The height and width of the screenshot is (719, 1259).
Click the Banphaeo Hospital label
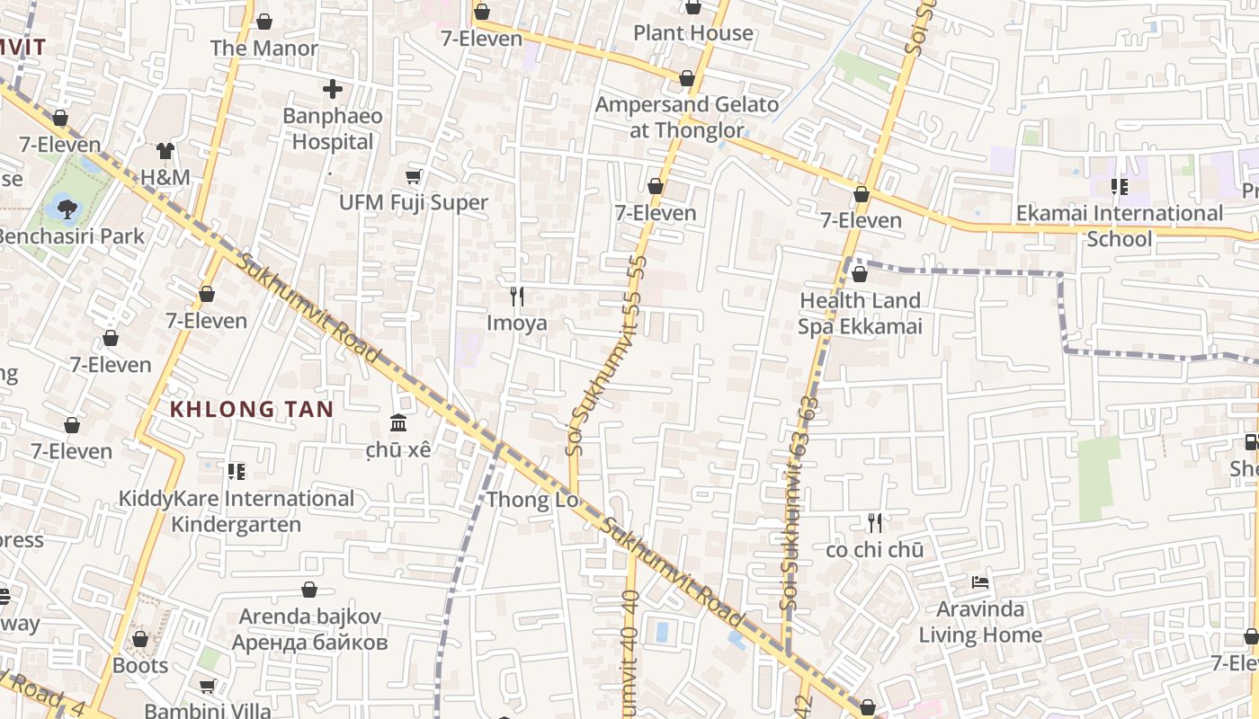coord(332,129)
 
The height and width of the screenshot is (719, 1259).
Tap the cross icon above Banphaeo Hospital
coord(333,89)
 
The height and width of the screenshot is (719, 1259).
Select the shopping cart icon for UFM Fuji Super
coord(413,177)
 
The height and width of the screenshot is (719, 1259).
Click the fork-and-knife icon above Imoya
coord(516,296)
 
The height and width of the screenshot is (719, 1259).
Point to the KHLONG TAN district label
coord(252,410)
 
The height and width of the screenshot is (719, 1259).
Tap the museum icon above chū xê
coord(398,422)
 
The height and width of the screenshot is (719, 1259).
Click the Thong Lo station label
coord(531,500)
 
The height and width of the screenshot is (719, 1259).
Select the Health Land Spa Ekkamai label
coord(860,313)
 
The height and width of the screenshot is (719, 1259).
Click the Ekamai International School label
coord(1119,226)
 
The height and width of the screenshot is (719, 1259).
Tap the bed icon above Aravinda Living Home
coord(979,583)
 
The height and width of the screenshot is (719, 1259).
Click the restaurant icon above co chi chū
coord(874,522)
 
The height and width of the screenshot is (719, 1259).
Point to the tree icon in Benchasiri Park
coord(67,209)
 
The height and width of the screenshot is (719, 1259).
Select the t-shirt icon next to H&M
coord(165,151)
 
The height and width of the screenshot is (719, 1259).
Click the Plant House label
coord(692,33)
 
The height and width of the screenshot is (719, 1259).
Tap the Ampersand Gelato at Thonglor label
coord(687,117)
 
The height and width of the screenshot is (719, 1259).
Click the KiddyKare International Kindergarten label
coord(237,511)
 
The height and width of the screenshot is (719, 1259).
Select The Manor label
coord(263,49)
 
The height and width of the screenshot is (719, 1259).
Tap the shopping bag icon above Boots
coord(140,639)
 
